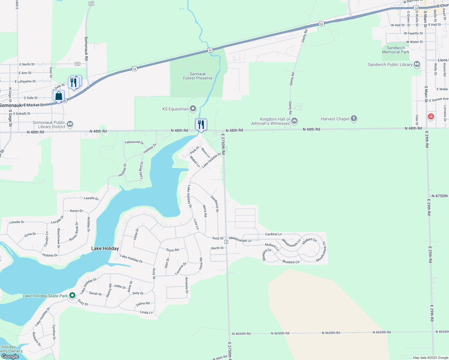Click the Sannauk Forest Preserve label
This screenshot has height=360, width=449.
pyautogui.click(x=197, y=76)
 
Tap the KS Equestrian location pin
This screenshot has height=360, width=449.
pyautogui.click(x=193, y=109)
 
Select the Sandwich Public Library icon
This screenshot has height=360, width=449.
pyautogui.click(x=417, y=64)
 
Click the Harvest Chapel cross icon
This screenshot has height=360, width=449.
pyautogui.click(x=354, y=118)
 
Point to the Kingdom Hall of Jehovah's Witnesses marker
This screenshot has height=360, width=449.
pyautogui.click(x=294, y=121)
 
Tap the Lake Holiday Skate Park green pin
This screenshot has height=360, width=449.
pyautogui.click(x=72, y=295)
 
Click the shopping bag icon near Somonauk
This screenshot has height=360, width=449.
pyautogui.click(x=59, y=96)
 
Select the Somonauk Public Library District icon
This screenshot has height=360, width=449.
pyautogui.click(x=70, y=124)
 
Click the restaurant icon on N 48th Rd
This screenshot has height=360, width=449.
pyautogui.click(x=201, y=124)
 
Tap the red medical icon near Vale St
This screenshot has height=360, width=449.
pyautogui.click(x=431, y=116)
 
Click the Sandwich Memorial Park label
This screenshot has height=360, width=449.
pyautogui.click(x=396, y=50)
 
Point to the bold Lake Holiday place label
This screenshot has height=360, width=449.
pyautogui.click(x=105, y=248)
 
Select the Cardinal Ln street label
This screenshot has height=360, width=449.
pyautogui.click(x=273, y=234)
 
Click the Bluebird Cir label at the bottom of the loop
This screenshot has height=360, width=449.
pyautogui.click(x=291, y=262)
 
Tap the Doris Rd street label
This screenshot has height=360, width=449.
pyautogui.click(x=172, y=250)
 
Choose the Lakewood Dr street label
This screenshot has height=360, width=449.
pyautogui.click(x=134, y=142)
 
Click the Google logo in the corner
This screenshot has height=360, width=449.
pyautogui.click(x=10, y=356)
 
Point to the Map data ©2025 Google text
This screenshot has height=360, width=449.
pyautogui.click(x=430, y=358)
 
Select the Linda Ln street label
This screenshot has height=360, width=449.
pyautogui.click(x=146, y=312)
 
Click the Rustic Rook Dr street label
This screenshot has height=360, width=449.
pyautogui.click(x=74, y=231)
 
